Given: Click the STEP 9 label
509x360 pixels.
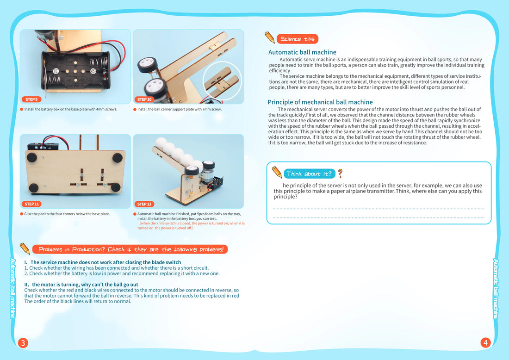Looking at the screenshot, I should pyautogui.click(x=31, y=99).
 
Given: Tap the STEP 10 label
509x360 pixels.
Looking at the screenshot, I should pyautogui.click(x=144, y=99).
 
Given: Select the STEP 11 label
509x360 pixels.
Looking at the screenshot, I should pyautogui.click(x=32, y=204).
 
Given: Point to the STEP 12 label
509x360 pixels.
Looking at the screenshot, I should pyautogui.click(x=144, y=204).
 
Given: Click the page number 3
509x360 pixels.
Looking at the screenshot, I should pyautogui.click(x=23, y=343).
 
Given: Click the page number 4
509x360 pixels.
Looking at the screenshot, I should pyautogui.click(x=485, y=343).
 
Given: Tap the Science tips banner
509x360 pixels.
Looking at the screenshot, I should pyautogui.click(x=297, y=39).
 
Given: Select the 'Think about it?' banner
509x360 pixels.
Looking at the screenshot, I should pyautogui.click(x=309, y=174).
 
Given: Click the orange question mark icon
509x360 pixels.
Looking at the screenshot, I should pyautogui.click(x=341, y=174).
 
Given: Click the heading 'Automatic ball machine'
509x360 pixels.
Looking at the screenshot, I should pyautogui.click(x=302, y=52).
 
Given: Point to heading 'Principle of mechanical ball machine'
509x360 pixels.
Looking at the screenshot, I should pyautogui.click(x=320, y=102).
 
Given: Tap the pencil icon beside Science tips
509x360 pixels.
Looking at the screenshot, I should pyautogui.click(x=270, y=37).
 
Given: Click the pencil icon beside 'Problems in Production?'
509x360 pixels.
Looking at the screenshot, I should pyautogui.click(x=25, y=248).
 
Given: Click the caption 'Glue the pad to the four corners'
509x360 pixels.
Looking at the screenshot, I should pyautogui.click(x=67, y=214).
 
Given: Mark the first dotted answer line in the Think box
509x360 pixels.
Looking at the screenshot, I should pyautogui.click(x=379, y=209).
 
